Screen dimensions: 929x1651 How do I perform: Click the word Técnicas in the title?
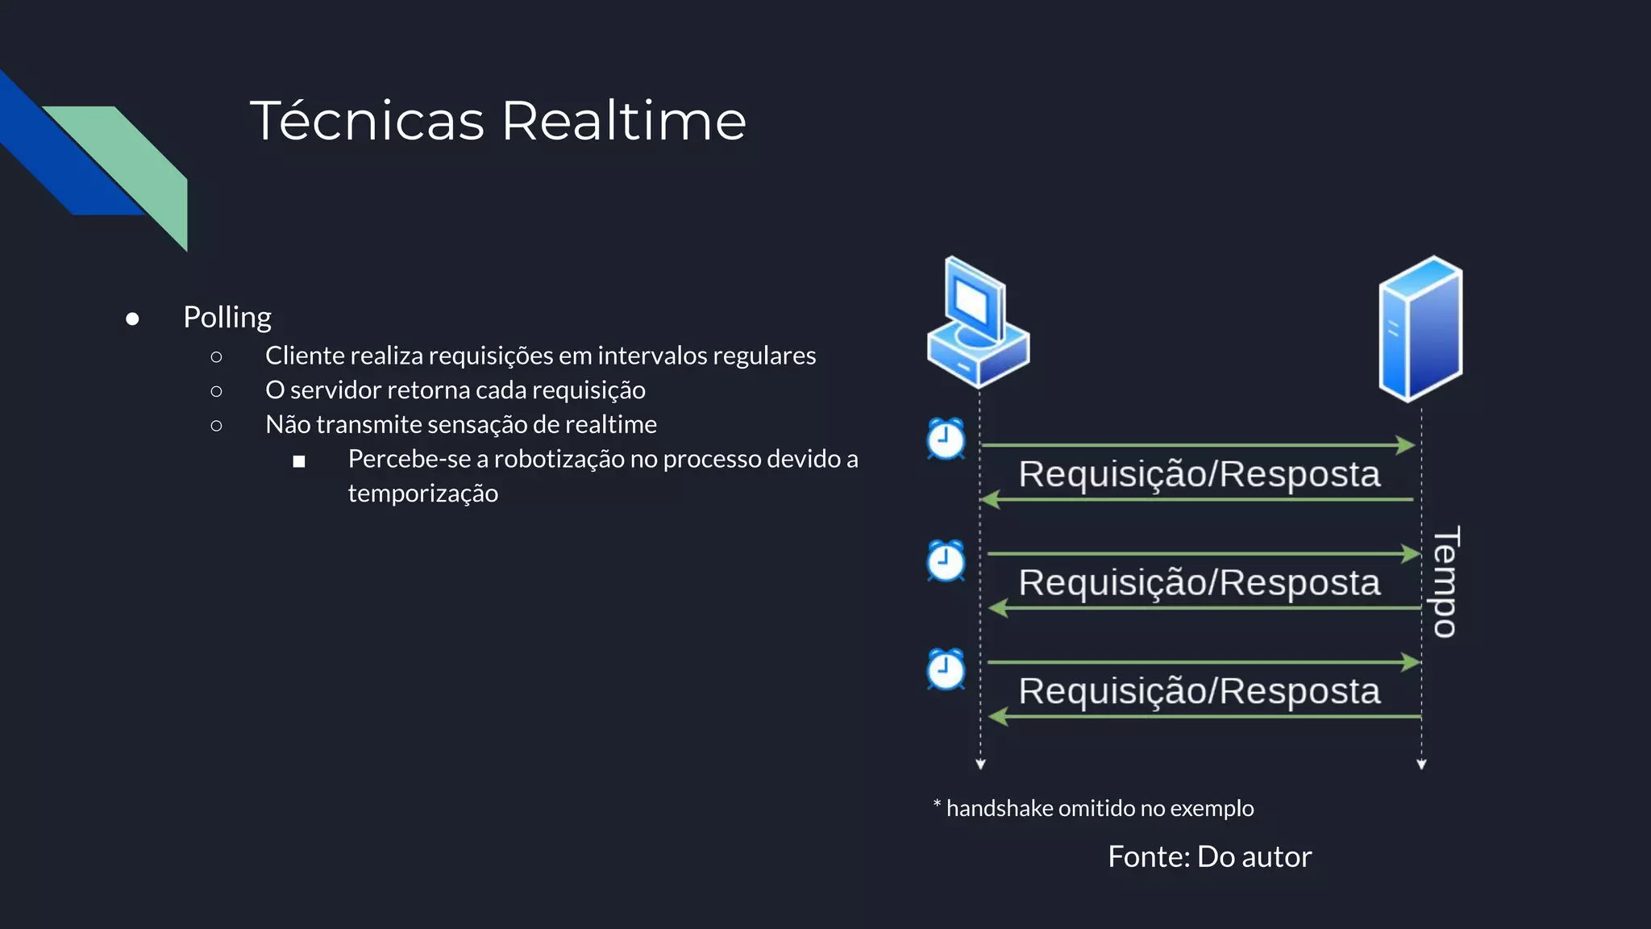[367, 121]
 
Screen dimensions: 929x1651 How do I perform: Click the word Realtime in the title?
[624, 121]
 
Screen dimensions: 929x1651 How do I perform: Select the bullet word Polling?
[227, 318]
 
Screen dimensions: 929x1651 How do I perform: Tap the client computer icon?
[978, 323]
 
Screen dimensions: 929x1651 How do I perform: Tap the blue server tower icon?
[1420, 328]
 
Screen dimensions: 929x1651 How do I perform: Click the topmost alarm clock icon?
[946, 440]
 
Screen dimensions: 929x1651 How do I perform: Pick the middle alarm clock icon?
[946, 561]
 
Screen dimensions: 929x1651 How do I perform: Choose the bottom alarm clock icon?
[946, 670]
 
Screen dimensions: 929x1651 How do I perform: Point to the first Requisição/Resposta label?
[1199, 474]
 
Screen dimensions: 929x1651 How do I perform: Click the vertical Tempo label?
[1445, 581]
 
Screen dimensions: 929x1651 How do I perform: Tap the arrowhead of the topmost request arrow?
[1407, 445]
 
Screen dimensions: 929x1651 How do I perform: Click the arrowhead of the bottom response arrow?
[998, 716]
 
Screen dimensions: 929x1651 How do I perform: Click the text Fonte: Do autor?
[1209, 856]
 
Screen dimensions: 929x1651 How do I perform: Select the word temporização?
[422, 494]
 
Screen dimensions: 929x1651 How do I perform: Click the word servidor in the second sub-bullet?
[335, 390]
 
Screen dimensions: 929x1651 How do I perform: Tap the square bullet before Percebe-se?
[299, 461]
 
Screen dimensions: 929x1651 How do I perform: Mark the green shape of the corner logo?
[137, 161]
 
